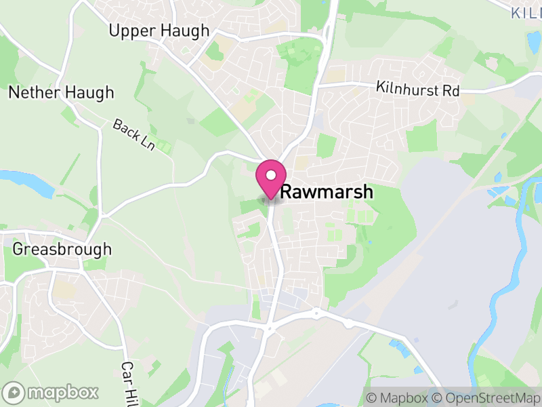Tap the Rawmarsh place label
pyautogui.click(x=326, y=192)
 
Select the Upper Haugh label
pyautogui.click(x=159, y=31)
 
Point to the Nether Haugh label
pyautogui.click(x=61, y=92)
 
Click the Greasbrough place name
pyautogui.click(x=62, y=249)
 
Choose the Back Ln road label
pyautogui.click(x=134, y=135)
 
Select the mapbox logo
pyautogui.click(x=51, y=392)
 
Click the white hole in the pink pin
pyautogui.click(x=270, y=175)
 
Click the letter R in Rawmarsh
pyautogui.click(x=286, y=192)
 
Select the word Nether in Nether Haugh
pyautogui.click(x=33, y=92)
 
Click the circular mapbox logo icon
pyautogui.click(x=14, y=392)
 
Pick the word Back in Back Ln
pyautogui.click(x=126, y=128)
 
